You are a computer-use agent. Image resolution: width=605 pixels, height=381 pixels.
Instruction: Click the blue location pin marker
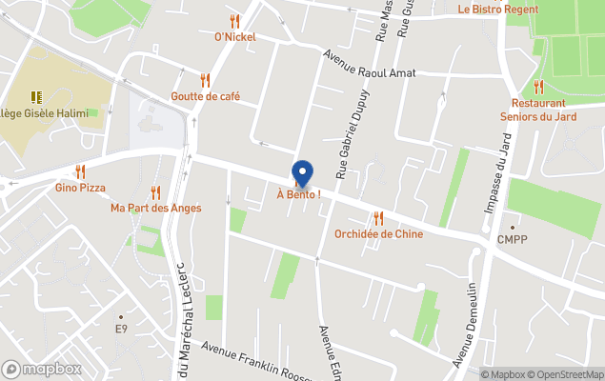tap(302, 172)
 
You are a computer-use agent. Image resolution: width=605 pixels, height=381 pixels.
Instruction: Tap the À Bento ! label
tap(298, 195)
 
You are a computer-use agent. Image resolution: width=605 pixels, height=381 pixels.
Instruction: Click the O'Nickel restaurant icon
tap(234, 21)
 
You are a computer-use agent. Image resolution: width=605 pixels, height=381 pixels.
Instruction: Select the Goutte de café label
tap(205, 96)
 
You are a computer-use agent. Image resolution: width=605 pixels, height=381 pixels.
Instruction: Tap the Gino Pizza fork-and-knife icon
tap(80, 171)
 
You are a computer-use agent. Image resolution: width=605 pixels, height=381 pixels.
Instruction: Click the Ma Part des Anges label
tap(156, 208)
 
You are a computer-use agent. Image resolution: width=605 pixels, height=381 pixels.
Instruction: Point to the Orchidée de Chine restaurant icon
tap(378, 218)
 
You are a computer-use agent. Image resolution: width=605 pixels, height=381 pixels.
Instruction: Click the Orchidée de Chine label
tap(378, 234)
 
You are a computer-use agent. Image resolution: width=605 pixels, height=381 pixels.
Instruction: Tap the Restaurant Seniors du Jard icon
tap(538, 87)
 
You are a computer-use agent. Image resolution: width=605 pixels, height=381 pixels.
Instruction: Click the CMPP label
tap(512, 240)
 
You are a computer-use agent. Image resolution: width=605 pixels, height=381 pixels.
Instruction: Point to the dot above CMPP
tap(512, 228)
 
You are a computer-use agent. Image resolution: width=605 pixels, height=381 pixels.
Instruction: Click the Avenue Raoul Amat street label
tap(369, 66)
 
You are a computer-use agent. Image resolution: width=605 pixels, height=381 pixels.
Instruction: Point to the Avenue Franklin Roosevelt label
tap(272, 358)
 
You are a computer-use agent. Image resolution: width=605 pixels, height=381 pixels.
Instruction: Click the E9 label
tap(121, 329)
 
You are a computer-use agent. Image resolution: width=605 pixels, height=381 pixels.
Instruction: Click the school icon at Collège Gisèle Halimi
tap(36, 96)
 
